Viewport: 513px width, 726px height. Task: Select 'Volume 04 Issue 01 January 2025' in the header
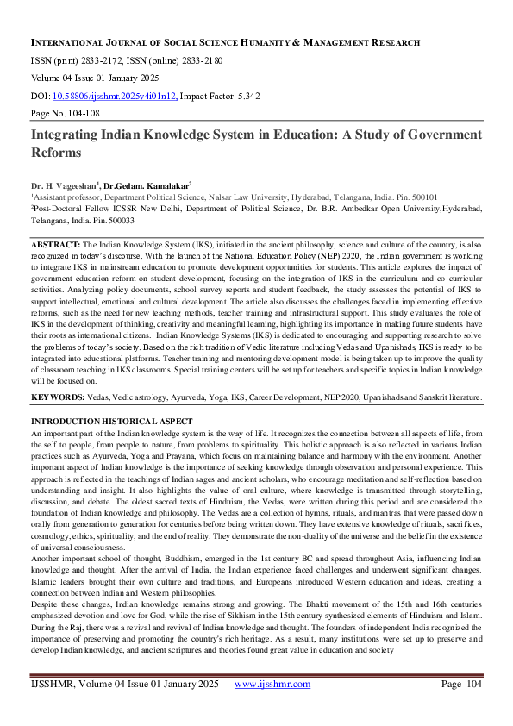tap(97, 78)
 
